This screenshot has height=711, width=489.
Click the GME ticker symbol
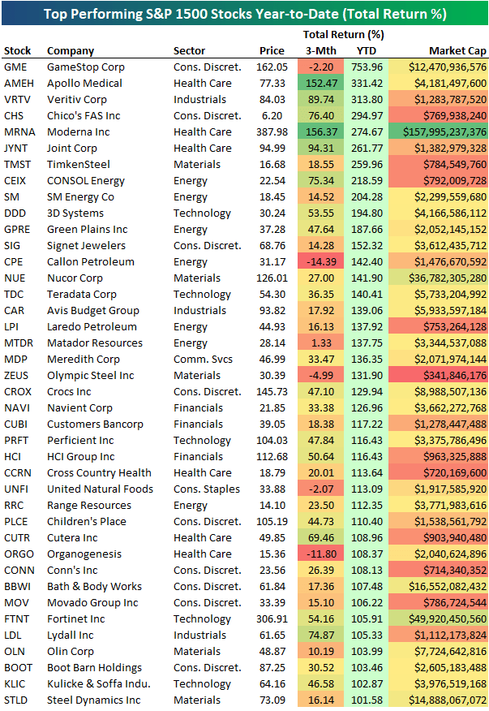[x=15, y=67]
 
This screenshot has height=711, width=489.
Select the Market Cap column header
[x=457, y=50]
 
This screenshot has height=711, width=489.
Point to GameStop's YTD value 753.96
[x=367, y=67]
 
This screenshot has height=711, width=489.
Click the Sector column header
[x=189, y=50]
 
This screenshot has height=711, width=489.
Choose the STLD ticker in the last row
[x=16, y=700]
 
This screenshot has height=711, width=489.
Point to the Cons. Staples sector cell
[x=206, y=489]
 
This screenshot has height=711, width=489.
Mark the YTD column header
[x=367, y=50]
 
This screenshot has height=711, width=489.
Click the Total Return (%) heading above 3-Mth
[x=343, y=34]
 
